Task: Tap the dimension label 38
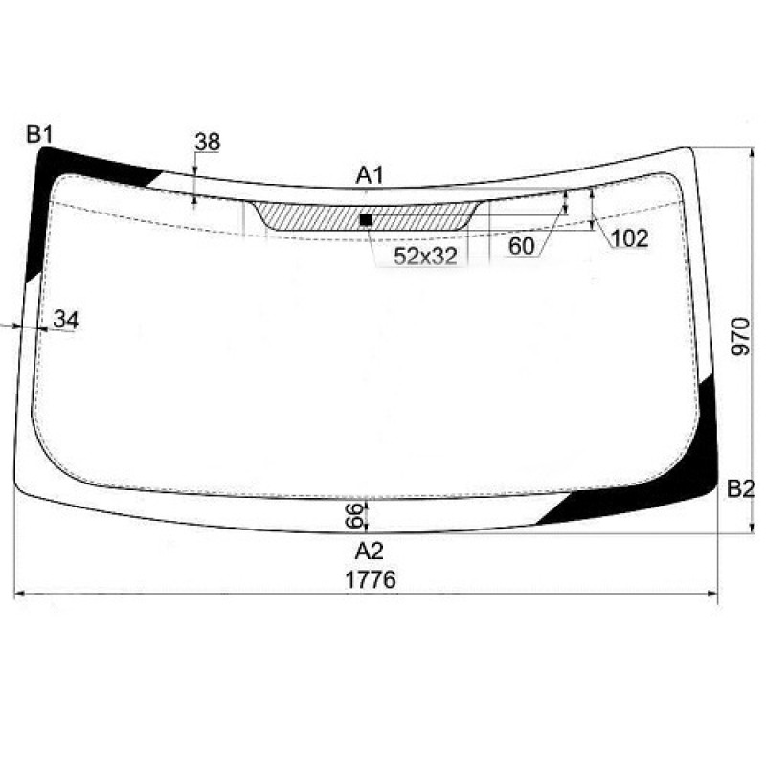tap(207, 143)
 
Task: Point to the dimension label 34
tap(65, 320)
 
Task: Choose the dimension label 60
tap(521, 246)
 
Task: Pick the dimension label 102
tap(629, 238)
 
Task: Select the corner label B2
tap(740, 489)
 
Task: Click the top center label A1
tap(370, 175)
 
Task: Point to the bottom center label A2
tap(369, 551)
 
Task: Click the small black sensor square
tap(365, 219)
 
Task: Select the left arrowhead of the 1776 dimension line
tap(19, 595)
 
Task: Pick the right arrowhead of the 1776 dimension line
tap(714, 595)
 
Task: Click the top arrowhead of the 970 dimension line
tap(749, 153)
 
